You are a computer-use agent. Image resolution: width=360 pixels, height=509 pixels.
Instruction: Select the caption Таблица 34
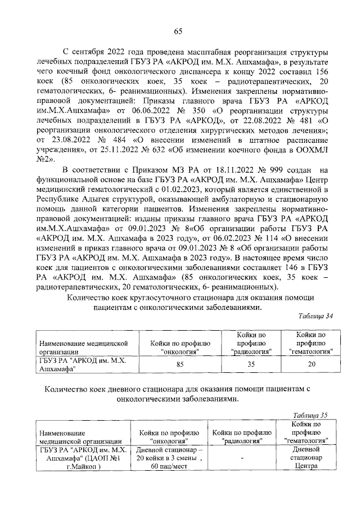pyautogui.click(x=316, y=316)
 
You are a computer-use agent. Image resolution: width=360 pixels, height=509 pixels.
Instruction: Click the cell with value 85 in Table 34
pyautogui.click(x=180, y=364)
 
